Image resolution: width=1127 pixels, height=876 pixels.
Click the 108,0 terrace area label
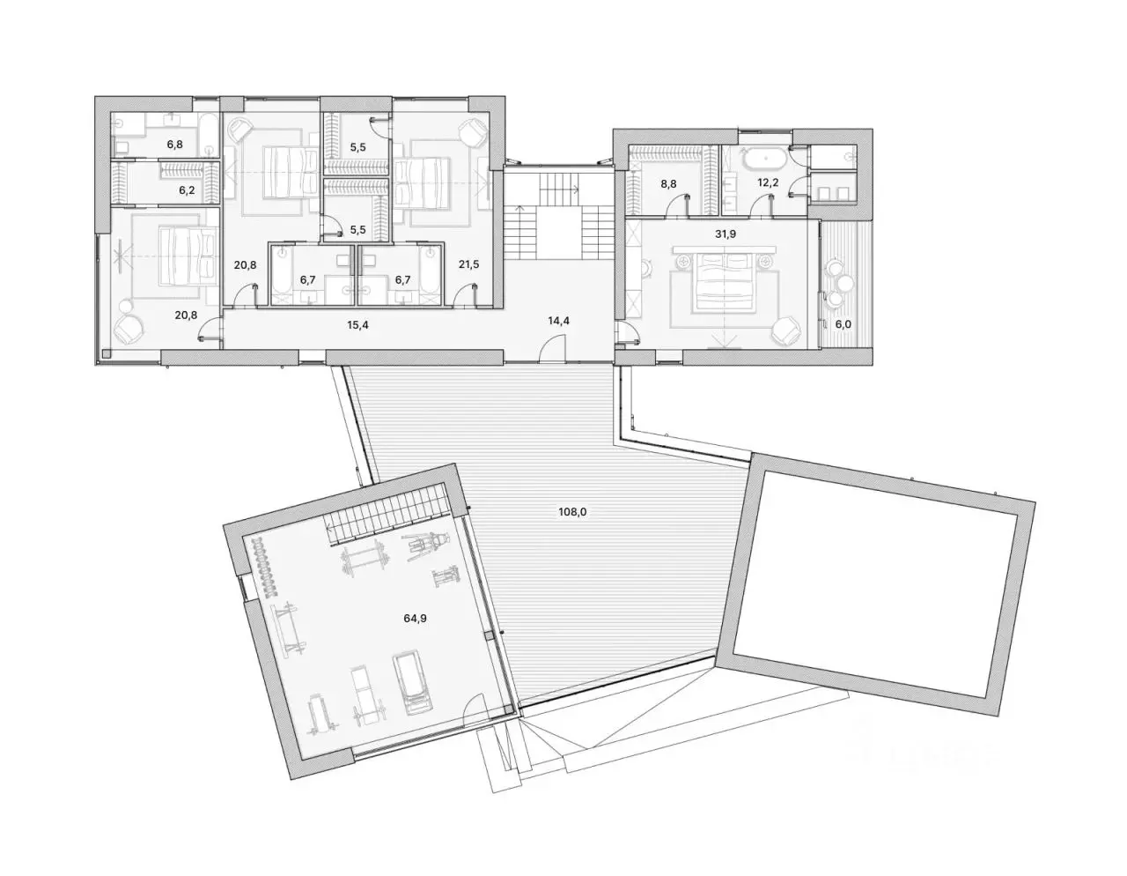point(572,512)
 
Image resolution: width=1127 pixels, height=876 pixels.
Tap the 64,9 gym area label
point(415,618)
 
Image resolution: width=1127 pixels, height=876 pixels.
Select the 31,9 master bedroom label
point(725,234)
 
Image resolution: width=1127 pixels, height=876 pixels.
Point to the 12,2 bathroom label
point(767,183)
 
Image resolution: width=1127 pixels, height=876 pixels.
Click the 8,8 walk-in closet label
point(668,183)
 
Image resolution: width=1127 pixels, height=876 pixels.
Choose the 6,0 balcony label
point(843,324)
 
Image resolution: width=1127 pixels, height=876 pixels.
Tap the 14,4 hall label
point(558,321)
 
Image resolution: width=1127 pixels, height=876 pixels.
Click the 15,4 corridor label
point(357,325)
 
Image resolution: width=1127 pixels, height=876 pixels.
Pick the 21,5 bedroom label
point(468,264)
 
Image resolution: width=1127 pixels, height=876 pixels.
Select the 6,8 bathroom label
point(175,145)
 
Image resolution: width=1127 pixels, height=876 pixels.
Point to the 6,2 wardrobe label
point(187,190)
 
